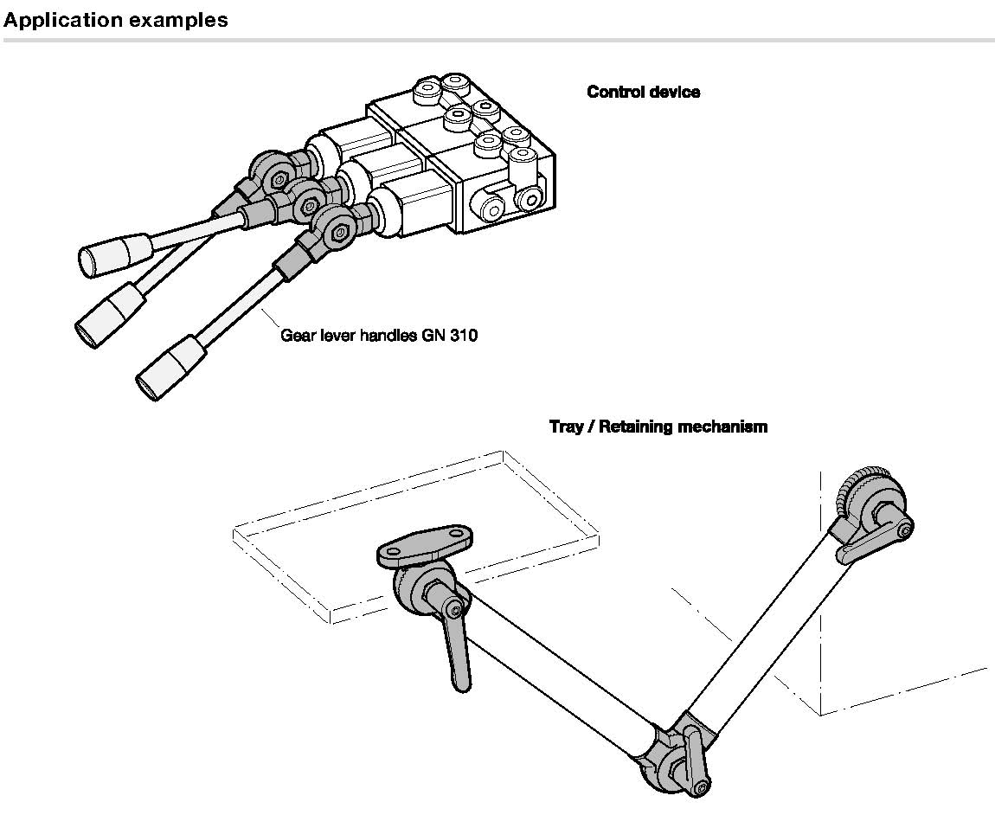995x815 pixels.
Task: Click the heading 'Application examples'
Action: tap(115, 20)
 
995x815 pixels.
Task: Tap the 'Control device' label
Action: tap(644, 92)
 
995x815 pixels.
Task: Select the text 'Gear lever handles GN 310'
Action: tap(379, 335)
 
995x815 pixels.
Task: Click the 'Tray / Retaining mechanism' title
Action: tap(658, 426)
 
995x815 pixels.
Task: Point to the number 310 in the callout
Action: tap(464, 335)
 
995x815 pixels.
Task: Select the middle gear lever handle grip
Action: tap(109, 316)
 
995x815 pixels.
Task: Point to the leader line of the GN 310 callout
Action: tap(270, 318)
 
